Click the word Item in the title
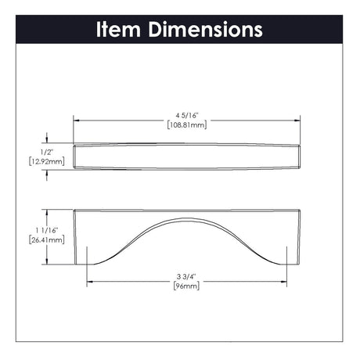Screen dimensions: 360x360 (x=119, y=29)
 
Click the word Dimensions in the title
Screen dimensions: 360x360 (x=205, y=29)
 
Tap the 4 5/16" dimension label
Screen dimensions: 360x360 (x=187, y=115)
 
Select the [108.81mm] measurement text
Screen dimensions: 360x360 (x=187, y=125)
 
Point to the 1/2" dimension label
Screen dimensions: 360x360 (x=47, y=152)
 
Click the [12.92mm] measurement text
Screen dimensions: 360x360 (x=47, y=161)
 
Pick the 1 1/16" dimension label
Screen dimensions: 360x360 (x=47, y=230)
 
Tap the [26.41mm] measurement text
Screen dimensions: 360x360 (x=47, y=239)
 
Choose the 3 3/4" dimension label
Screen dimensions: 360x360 (x=186, y=276)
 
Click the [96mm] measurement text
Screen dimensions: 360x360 (x=186, y=286)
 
